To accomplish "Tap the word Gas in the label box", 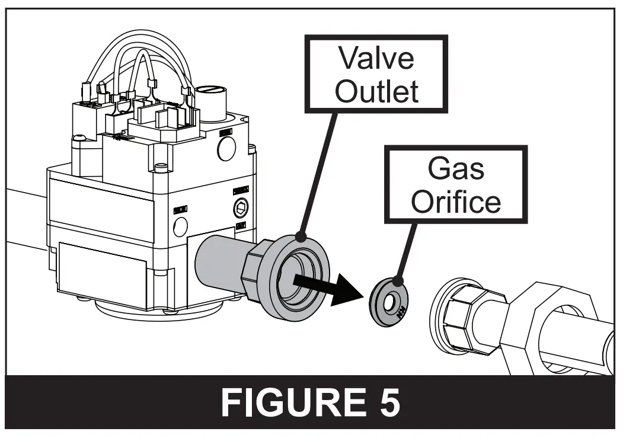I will pos(456,170).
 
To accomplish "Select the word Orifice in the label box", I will pos(456,202).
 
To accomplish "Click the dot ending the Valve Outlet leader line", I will pos(302,237).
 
